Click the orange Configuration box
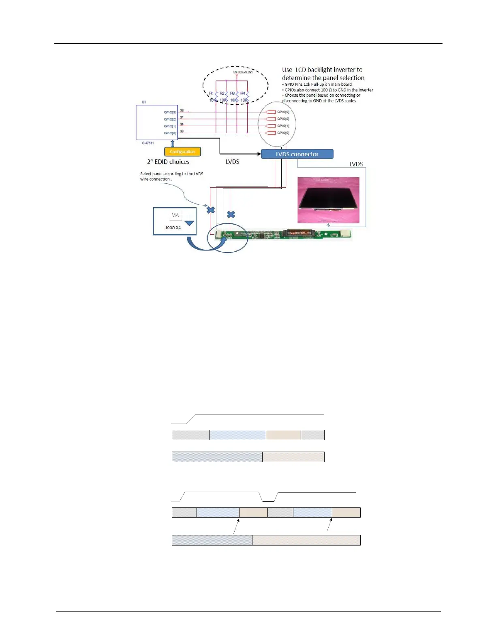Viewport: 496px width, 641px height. pos(182,152)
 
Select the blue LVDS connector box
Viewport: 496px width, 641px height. pos(297,154)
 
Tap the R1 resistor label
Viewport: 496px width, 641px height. pos(211,93)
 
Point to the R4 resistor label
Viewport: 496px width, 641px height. pos(242,93)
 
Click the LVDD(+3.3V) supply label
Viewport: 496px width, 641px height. pos(243,72)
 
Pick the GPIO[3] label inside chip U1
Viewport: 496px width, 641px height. pos(170,112)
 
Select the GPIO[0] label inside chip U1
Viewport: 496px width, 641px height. pos(170,133)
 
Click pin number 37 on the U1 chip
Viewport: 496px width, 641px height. pos(182,117)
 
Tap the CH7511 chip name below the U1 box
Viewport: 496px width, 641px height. pos(148,143)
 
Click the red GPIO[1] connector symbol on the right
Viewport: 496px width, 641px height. pos(270,126)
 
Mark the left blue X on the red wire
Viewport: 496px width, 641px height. pos(211,210)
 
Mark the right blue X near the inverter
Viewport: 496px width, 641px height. pos(231,214)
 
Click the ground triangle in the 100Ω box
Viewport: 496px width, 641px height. pos(189,223)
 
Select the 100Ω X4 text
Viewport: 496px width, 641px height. pos(173,228)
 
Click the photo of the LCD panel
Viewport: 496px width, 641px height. pos(328,200)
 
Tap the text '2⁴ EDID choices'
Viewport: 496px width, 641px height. pos(168,162)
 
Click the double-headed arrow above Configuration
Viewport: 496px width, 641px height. pos(173,144)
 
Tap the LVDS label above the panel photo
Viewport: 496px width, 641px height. pos(356,164)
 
